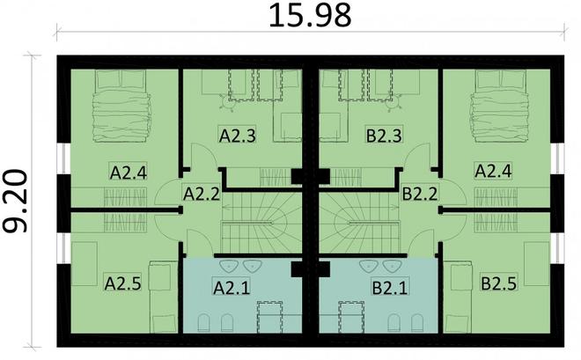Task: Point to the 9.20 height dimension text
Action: [x=19, y=202]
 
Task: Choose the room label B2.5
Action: [x=498, y=283]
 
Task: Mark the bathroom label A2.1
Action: [x=232, y=286]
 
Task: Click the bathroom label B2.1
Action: [x=388, y=286]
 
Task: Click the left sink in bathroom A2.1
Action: [x=224, y=266]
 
